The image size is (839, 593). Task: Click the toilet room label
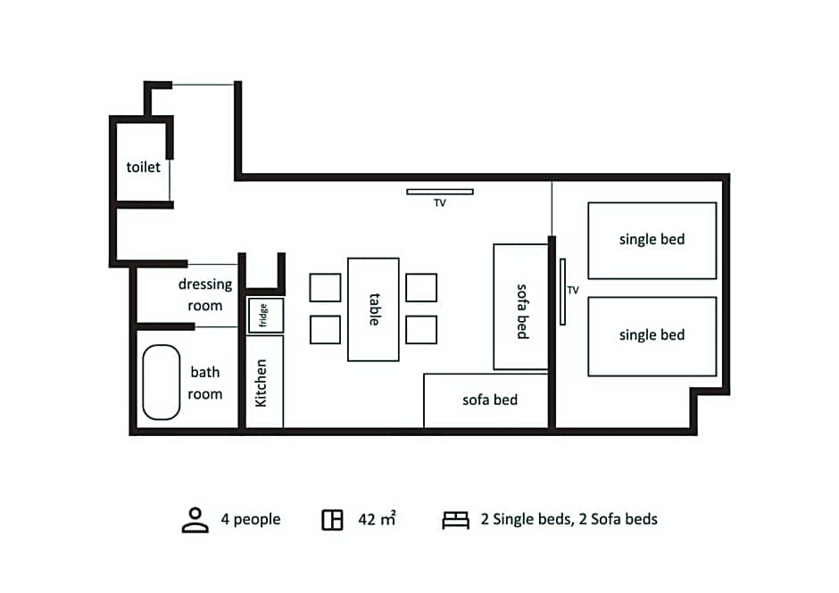tap(144, 168)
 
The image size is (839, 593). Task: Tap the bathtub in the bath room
tap(161, 382)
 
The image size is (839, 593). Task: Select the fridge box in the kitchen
tap(265, 316)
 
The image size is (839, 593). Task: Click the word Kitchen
tap(262, 383)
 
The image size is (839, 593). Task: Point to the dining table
tap(373, 309)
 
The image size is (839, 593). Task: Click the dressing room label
tap(205, 294)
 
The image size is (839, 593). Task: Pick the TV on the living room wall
tap(440, 192)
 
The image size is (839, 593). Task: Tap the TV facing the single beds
tap(562, 292)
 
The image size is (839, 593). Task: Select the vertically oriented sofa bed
tap(520, 307)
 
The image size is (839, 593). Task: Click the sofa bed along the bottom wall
tap(486, 400)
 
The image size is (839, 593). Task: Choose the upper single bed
tap(652, 241)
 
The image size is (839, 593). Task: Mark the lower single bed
tap(652, 336)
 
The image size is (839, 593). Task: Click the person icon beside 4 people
tap(195, 520)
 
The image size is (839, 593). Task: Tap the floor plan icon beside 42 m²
tap(332, 520)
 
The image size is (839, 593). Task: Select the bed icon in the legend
tap(455, 520)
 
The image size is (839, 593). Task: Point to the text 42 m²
tap(378, 519)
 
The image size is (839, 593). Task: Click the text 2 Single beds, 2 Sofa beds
tap(569, 519)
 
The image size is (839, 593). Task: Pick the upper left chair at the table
tap(325, 288)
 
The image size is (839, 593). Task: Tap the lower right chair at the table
tap(421, 329)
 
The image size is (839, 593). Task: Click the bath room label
tap(205, 383)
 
